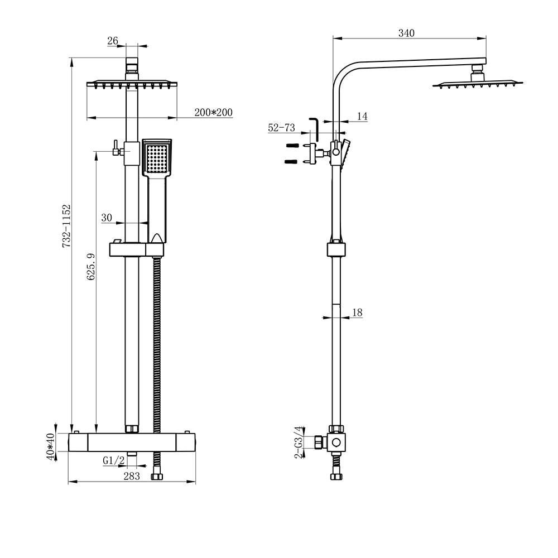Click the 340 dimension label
[x=406, y=33]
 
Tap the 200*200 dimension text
[x=213, y=113]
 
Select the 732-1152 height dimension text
[x=66, y=226]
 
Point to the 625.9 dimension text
[x=92, y=266]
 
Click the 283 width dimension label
[x=132, y=476]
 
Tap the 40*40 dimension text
[x=51, y=447]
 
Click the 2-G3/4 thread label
[x=300, y=442]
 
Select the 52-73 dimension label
[x=281, y=128]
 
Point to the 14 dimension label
[x=362, y=116]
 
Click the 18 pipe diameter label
[x=357, y=313]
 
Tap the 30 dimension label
[x=107, y=218]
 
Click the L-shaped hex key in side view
[x=314, y=128]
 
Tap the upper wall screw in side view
[x=292, y=146]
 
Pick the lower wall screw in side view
[x=292, y=162]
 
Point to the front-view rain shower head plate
[x=132, y=84]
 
